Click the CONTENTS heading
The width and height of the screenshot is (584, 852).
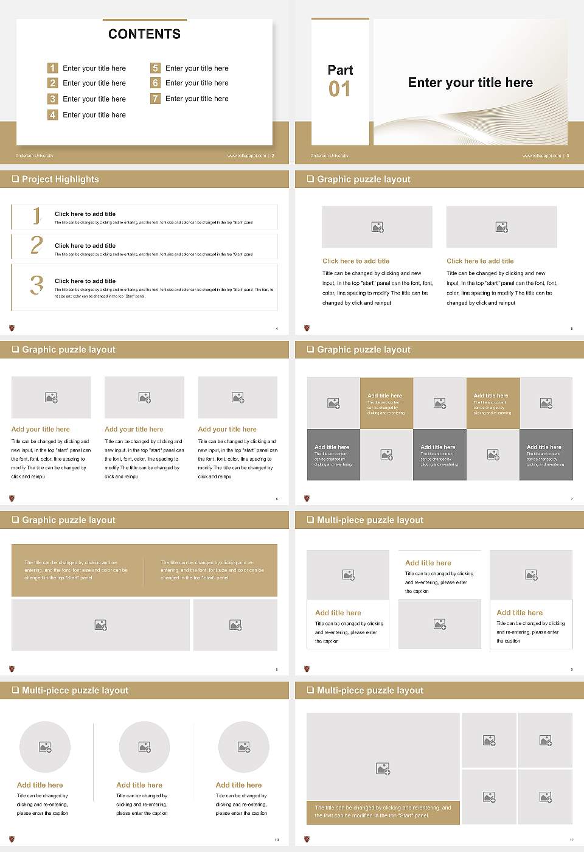[x=144, y=34]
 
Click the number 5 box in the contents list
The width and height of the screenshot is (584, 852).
[x=155, y=68]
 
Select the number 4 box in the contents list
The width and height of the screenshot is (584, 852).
[x=52, y=114]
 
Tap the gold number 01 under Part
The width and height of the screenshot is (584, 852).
[x=339, y=89]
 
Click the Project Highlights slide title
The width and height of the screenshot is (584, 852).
[x=60, y=179]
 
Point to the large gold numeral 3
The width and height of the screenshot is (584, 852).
[x=36, y=285]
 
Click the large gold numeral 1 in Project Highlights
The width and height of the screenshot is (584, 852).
[x=36, y=215]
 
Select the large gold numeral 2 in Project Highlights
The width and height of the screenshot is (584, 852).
[x=36, y=245]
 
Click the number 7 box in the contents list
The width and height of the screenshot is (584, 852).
[x=155, y=99]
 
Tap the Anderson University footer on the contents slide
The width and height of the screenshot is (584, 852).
[x=35, y=156]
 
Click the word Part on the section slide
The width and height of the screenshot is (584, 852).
[x=340, y=70]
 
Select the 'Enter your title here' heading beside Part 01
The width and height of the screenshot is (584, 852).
[x=470, y=83]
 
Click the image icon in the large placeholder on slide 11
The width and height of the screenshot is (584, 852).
[x=383, y=769]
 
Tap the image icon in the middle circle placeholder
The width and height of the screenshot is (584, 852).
[x=144, y=747]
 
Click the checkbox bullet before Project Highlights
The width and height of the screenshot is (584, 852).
[x=15, y=179]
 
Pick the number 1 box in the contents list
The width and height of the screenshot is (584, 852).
[x=52, y=68]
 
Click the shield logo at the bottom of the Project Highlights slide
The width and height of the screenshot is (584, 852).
[x=12, y=328]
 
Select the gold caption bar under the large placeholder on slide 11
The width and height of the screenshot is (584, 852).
[x=383, y=812]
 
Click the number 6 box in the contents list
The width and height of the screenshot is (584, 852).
[x=155, y=83]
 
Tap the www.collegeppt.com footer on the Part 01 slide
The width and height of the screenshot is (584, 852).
[x=543, y=156]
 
